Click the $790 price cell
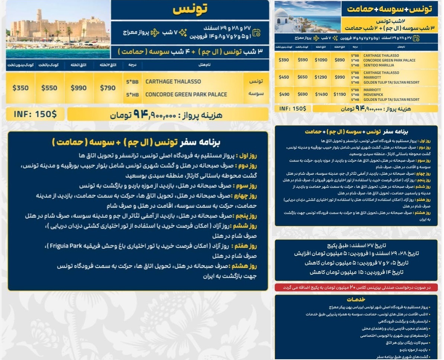click(x=108, y=88)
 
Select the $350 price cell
click(x=20, y=88)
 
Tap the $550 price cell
click(x=49, y=88)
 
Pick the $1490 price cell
click(x=321, y=95)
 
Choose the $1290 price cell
click(x=321, y=77)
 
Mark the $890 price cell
click(x=340, y=60)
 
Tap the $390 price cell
click(x=284, y=60)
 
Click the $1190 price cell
click(x=340, y=95)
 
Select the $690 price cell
click(x=303, y=95)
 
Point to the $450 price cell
click(x=284, y=77)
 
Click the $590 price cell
click(x=303, y=60)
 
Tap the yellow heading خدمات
click(x=356, y=299)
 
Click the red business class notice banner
click(x=356, y=288)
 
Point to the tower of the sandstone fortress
click(x=39, y=16)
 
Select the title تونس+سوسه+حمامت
click(x=389, y=9)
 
